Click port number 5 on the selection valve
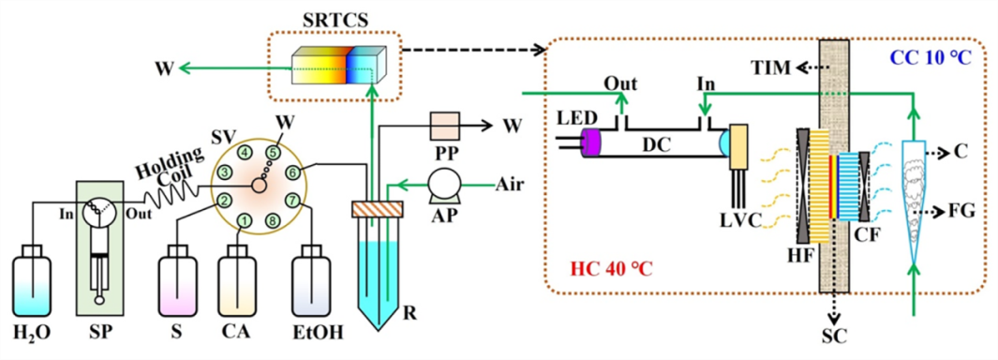[x=273, y=153]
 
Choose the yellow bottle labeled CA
[x=237, y=280]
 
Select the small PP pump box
[x=442, y=127]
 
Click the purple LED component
[x=591, y=142]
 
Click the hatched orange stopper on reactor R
[x=377, y=209]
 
